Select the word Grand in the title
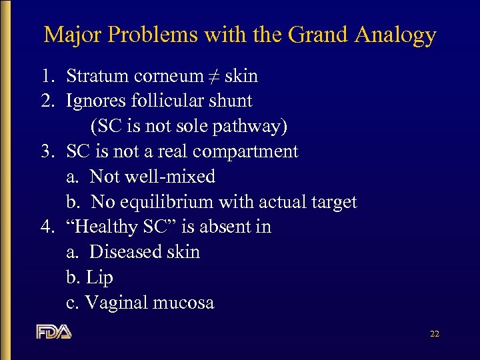tap(313, 35)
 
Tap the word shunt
tap(231, 101)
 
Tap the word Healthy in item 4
tap(107, 227)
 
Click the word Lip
tap(99, 278)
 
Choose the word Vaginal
tap(117, 303)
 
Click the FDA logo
tap(53, 331)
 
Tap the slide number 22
tap(434, 334)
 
